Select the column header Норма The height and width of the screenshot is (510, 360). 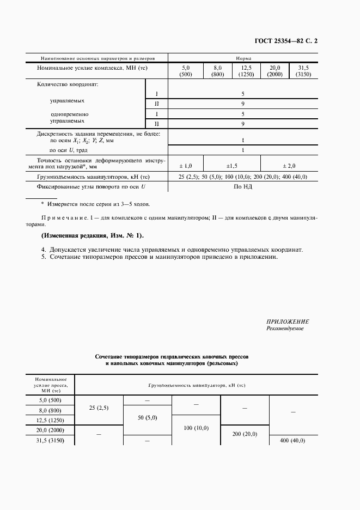pyautogui.click(x=243, y=58)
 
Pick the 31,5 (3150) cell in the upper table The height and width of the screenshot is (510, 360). pyautogui.click(x=303, y=71)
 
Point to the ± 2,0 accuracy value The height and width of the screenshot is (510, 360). pyautogui.click(x=290, y=165)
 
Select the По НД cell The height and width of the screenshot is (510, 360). pyautogui.click(x=243, y=186)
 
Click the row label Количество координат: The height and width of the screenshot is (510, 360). pyautogui.click(x=67, y=84)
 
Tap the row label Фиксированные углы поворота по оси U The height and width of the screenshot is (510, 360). pyautogui.click(x=91, y=186)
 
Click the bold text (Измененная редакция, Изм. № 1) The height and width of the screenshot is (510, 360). pyautogui.click(x=92, y=235)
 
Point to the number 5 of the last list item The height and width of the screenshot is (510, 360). pyautogui.click(x=43, y=257)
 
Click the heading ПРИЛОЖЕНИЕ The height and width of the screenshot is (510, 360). pyautogui.click(x=288, y=321)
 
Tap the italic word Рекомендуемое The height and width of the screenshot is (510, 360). pyautogui.click(x=285, y=329)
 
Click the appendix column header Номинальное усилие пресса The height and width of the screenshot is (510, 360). pyautogui.click(x=50, y=384)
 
